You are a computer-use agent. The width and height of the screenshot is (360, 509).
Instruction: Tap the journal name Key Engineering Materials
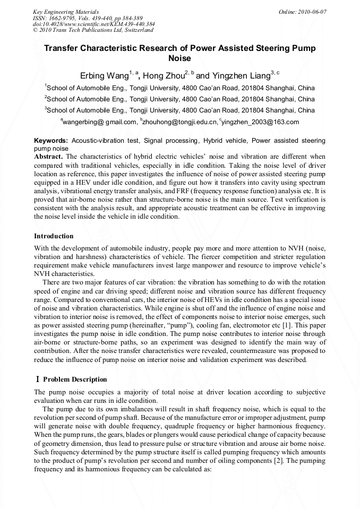66,12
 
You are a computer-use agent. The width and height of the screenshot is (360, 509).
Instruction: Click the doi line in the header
94,24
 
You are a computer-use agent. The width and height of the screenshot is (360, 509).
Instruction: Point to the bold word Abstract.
48,157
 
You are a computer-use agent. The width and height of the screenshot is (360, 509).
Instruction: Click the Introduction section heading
54,236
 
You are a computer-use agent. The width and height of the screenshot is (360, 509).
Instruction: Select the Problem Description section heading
75,379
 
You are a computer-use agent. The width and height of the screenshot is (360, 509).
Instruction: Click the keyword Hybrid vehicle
225,141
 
